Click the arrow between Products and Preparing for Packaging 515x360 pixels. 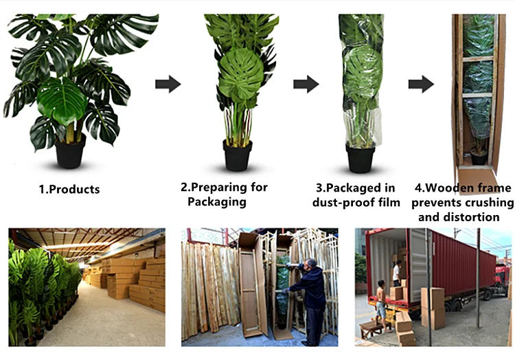pos(168,85)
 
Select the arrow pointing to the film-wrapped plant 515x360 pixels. pos(306,85)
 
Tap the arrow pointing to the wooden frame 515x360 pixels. pos(421,85)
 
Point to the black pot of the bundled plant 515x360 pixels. pos(238,156)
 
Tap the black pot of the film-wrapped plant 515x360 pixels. pos(360,157)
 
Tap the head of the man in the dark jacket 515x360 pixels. pos(310,264)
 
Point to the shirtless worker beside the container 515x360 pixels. pos(380,302)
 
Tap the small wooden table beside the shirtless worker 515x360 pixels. pos(371,330)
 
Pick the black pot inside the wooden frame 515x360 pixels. pos(479,157)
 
